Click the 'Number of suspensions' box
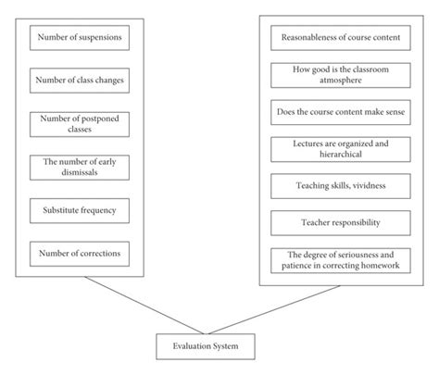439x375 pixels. [79, 39]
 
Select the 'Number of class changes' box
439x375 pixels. [79, 80]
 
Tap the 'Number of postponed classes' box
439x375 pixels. [79, 124]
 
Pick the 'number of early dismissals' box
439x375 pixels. [79, 167]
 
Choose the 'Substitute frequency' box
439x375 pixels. [79, 208]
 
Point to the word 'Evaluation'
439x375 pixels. [190, 346]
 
